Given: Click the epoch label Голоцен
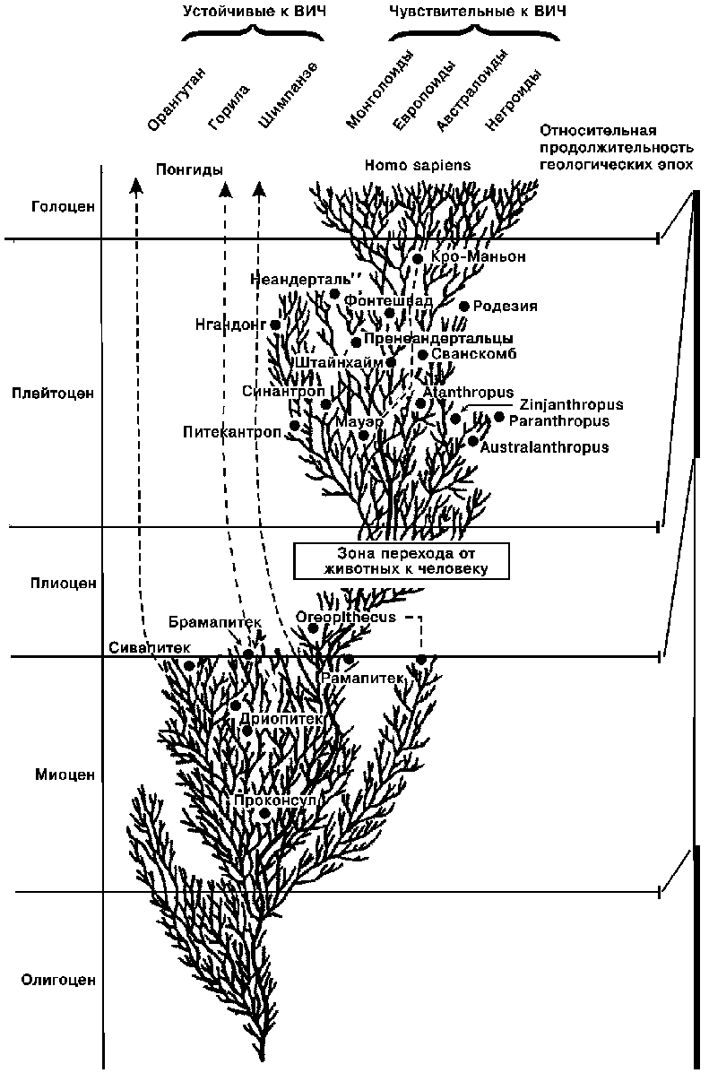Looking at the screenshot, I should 51,205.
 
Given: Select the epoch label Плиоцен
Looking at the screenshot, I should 51,583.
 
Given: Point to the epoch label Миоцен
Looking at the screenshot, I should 51,774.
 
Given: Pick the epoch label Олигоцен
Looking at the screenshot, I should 51,980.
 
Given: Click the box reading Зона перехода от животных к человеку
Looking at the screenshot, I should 402,560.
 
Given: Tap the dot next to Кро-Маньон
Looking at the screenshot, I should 418,258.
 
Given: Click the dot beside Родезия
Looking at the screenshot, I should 464,306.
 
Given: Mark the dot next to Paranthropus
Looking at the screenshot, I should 499,417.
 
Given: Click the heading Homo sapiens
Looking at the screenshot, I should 417,166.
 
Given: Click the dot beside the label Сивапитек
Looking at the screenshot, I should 189,664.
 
